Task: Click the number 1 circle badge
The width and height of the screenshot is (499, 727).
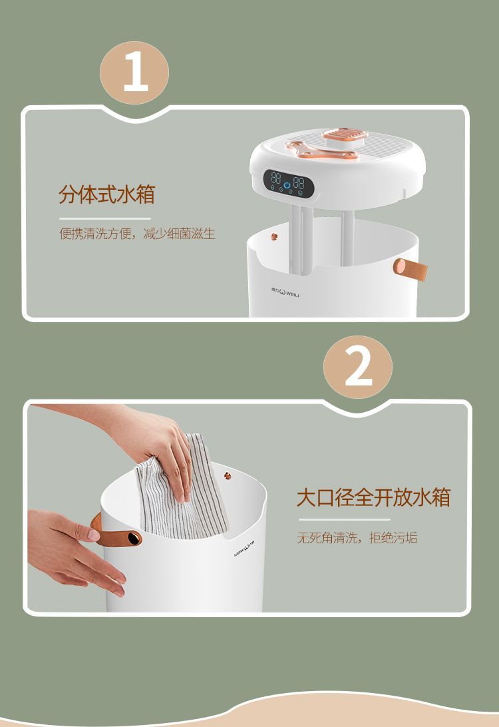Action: [x=134, y=73]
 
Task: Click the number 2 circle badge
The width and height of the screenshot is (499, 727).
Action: [x=358, y=367]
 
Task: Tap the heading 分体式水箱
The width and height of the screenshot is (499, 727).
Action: [x=106, y=194]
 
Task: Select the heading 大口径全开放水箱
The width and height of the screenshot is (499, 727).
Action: [x=373, y=497]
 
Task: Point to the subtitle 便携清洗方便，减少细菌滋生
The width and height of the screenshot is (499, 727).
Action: [x=137, y=233]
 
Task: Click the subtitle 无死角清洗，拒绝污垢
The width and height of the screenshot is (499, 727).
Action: [x=357, y=537]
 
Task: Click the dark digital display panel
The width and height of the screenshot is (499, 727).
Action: [x=289, y=182]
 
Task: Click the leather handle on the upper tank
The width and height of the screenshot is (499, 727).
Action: [x=410, y=270]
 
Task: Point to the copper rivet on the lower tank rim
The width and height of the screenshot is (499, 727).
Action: [x=228, y=476]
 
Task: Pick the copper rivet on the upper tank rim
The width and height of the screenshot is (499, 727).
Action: [x=274, y=236]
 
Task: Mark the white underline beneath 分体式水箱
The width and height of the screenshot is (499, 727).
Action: [x=105, y=218]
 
